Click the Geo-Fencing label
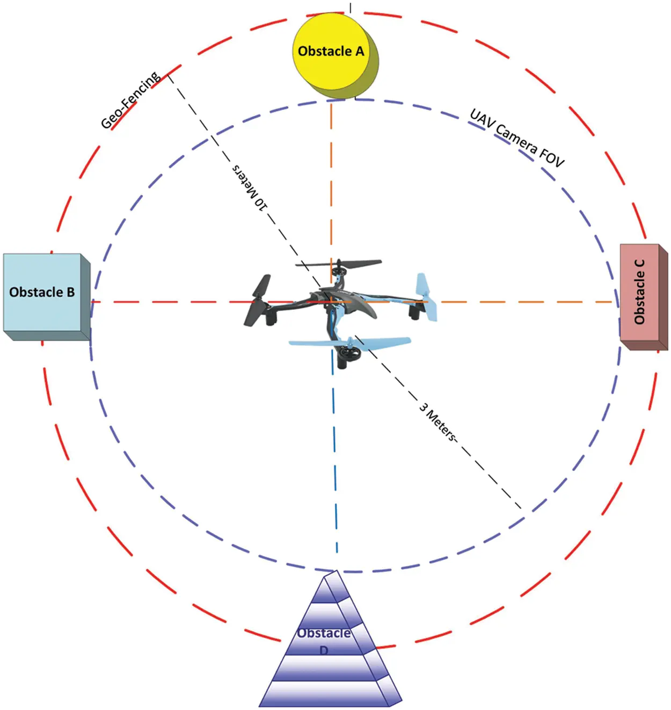point(130,100)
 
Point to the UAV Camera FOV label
point(517,137)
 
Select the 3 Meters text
point(438,422)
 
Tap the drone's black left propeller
point(257,301)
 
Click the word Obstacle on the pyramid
point(324,633)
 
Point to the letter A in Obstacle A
point(359,52)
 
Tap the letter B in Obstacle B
point(70,293)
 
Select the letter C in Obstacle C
point(639,264)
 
